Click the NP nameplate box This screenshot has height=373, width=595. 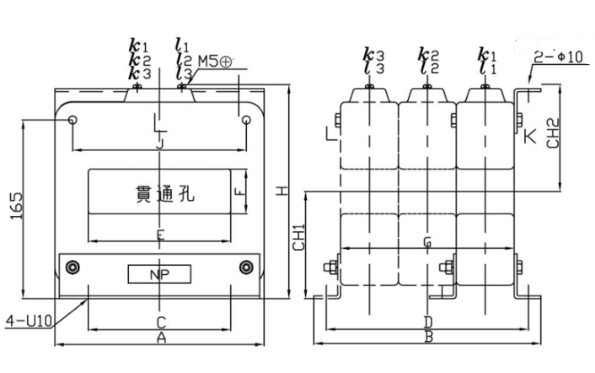click(x=159, y=274)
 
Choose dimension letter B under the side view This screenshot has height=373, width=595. click(x=427, y=338)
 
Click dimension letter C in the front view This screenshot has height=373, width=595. click(x=160, y=322)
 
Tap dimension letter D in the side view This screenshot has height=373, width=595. click(x=427, y=322)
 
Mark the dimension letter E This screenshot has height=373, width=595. click(x=160, y=233)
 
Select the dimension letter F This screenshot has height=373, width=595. click(x=239, y=192)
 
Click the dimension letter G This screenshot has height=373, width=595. click(x=427, y=243)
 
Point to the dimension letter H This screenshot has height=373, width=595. click(x=284, y=192)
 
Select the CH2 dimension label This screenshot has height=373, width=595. click(x=553, y=132)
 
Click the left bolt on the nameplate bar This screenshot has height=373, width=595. click(x=74, y=268)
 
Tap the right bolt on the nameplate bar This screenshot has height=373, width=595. click(x=245, y=268)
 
